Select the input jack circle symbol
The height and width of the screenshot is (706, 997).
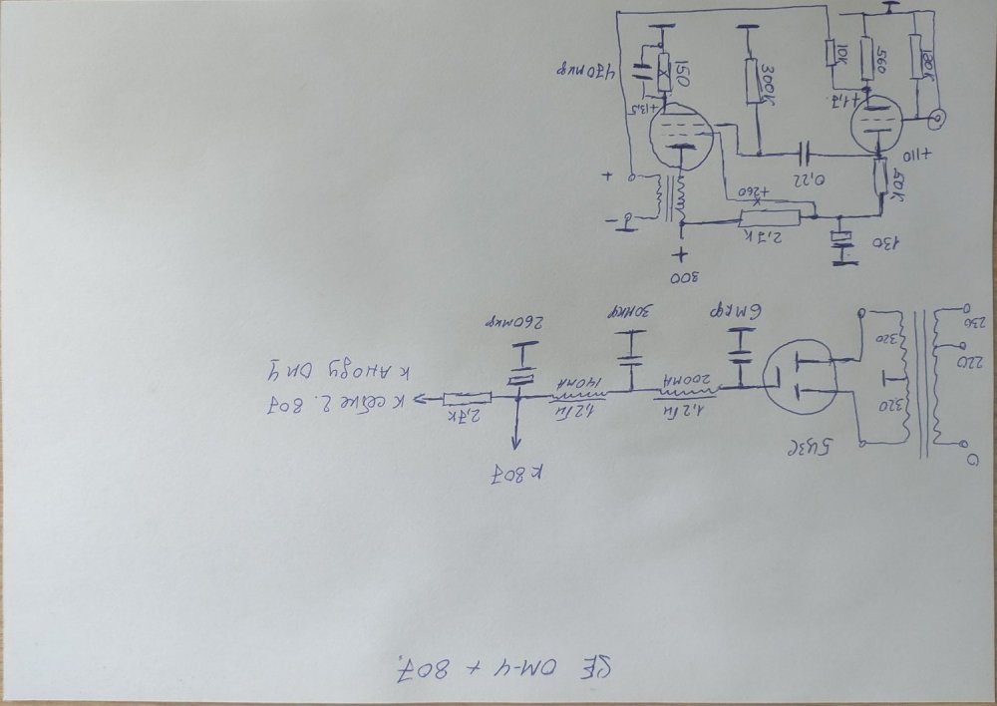[938, 121]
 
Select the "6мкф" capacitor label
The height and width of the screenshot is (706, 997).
[739, 313]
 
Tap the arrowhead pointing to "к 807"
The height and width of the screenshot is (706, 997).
[516, 445]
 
